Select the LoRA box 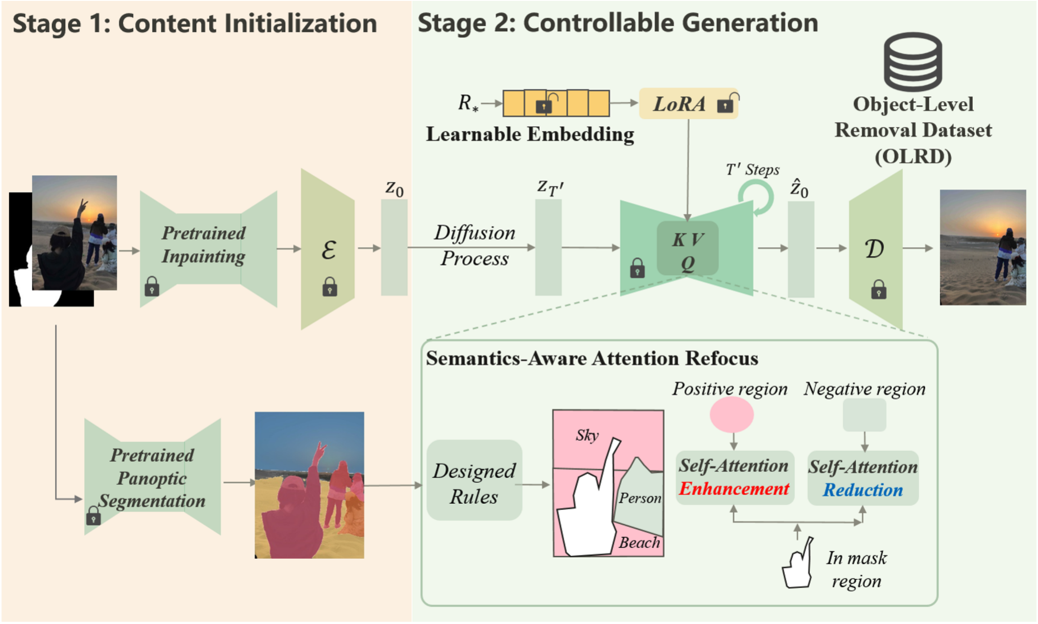click(688, 103)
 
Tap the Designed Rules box click(474, 480)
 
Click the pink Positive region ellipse click(731, 414)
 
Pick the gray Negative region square click(864, 415)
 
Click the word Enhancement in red click(734, 489)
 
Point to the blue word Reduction click(863, 490)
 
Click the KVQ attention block click(687, 248)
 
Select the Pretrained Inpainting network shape click(208, 249)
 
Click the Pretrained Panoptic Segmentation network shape click(153, 477)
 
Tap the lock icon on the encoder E click(330, 286)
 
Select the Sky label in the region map click(587, 435)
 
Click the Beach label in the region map click(639, 542)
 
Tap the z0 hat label click(799, 188)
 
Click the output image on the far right click(983, 247)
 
